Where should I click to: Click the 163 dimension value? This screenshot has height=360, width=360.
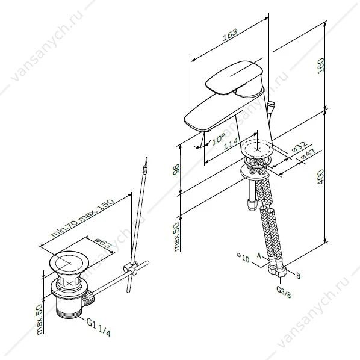point(229,34)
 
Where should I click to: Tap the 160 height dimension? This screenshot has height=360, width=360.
point(321,66)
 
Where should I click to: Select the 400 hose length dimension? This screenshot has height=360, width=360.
point(320,177)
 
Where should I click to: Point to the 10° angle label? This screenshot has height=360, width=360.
point(218,139)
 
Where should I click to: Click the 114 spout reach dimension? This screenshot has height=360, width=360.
point(231,144)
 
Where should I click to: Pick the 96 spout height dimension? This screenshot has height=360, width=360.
point(176,169)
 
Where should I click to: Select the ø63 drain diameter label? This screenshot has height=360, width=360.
point(102,243)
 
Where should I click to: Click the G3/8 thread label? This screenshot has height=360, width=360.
point(284,291)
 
